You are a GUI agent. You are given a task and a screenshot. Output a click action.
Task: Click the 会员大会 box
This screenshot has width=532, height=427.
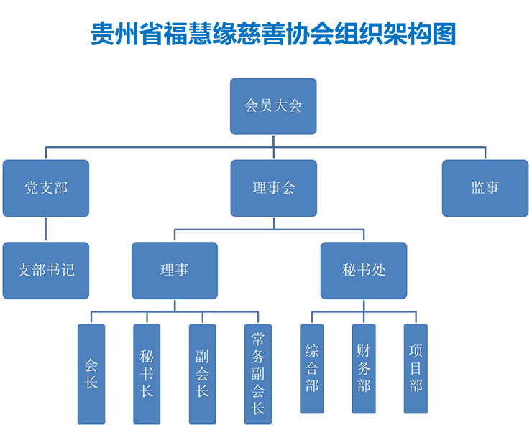tap(273, 106)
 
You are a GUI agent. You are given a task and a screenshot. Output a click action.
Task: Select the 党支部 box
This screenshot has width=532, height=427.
tap(46, 188)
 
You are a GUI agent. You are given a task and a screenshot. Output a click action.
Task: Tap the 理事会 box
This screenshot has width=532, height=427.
tap(273, 188)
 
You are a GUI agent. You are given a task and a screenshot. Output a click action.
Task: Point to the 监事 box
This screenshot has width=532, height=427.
tap(485, 188)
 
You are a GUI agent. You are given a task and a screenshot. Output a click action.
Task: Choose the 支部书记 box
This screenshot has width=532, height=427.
tap(46, 271)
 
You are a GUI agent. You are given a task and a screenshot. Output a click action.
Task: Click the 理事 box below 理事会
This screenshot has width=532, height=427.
tap(175, 271)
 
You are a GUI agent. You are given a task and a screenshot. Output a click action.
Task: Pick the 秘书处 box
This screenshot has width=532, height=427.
tap(364, 271)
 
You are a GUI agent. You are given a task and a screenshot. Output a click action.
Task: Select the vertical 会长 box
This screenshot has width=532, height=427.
tap(91, 374)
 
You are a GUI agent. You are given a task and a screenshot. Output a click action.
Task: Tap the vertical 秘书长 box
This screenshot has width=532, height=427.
tap(147, 374)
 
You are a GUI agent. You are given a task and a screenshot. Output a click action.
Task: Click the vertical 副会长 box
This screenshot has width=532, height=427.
tap(202, 374)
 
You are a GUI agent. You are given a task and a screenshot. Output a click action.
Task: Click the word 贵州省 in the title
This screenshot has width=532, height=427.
tap(119, 34)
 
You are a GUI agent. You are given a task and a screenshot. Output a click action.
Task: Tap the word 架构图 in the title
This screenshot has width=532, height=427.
tap(427, 34)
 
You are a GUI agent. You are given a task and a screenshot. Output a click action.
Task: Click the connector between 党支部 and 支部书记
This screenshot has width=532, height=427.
tap(46, 230)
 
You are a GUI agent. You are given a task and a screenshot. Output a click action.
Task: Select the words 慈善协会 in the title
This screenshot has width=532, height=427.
tap(305, 34)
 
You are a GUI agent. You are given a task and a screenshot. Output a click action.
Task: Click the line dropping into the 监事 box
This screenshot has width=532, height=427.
tap(485, 153)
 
